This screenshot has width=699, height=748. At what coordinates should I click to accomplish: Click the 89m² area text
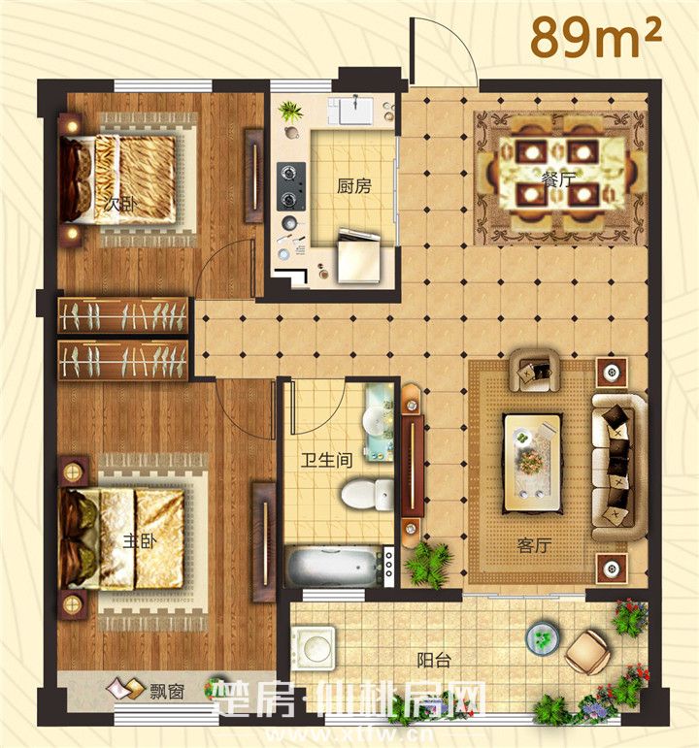596,38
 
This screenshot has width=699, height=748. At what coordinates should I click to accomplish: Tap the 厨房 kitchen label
353,186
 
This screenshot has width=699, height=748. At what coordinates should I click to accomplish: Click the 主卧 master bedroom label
140,542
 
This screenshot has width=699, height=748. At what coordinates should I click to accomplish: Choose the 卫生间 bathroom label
326,460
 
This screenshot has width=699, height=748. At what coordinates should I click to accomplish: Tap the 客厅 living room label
534,545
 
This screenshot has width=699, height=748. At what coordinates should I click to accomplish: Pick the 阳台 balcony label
434,661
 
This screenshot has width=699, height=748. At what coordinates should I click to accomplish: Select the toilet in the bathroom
368,494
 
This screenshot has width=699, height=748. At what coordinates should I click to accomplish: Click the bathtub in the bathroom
339,568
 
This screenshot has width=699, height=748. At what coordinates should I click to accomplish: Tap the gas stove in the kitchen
291,186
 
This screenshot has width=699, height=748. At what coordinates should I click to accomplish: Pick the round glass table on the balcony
543,637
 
